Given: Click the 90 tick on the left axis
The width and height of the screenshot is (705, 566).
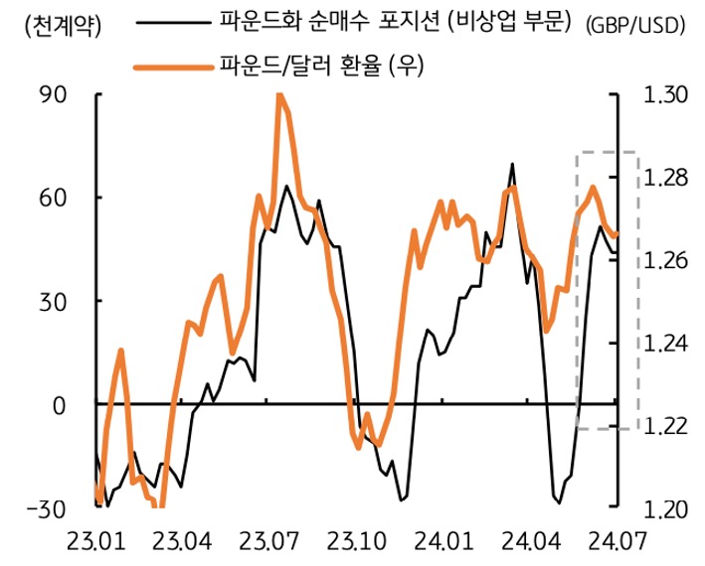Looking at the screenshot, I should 53,95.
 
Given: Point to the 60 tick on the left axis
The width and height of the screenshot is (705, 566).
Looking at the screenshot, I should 53,199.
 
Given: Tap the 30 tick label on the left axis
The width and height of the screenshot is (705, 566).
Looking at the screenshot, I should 53,302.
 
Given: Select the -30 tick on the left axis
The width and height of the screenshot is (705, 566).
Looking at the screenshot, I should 48,508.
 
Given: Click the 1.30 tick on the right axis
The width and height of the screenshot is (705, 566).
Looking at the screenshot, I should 664,95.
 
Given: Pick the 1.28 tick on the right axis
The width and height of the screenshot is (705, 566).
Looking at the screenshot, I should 664,178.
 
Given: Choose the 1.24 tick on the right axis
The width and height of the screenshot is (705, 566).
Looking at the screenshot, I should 664,344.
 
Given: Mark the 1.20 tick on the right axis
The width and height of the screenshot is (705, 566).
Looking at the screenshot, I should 664,508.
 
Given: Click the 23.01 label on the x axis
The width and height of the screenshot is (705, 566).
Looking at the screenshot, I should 96,543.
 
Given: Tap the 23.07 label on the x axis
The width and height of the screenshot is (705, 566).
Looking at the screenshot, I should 268,543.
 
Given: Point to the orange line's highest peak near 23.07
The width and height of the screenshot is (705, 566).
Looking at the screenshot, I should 278,94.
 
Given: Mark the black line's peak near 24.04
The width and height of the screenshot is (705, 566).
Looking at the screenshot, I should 512,164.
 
